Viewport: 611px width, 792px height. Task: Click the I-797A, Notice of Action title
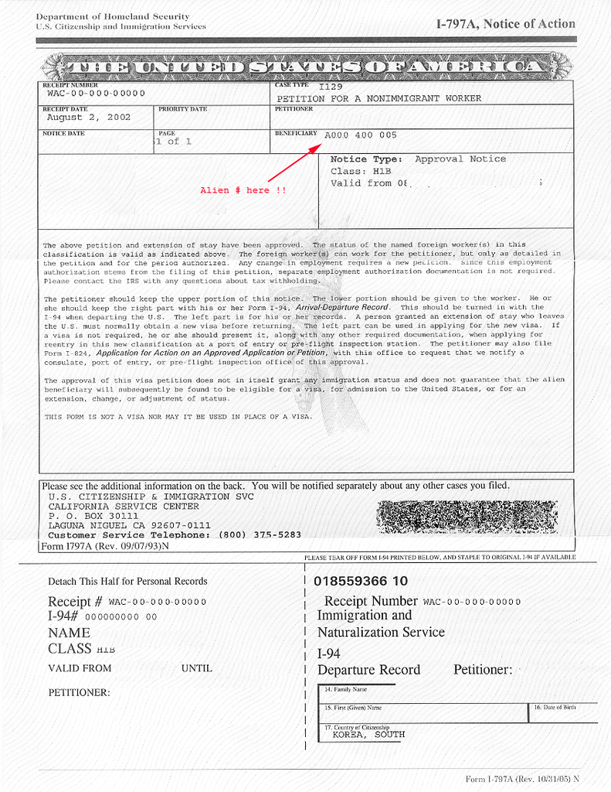point(506,24)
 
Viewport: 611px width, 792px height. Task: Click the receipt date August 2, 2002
point(89,118)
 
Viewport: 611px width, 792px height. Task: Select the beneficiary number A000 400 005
point(361,135)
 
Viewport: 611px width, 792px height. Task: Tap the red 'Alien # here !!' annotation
point(243,190)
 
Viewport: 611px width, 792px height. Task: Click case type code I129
point(331,87)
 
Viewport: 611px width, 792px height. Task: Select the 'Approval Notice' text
point(460,159)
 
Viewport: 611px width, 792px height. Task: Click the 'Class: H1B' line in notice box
point(360,171)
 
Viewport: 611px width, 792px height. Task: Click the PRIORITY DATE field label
point(183,109)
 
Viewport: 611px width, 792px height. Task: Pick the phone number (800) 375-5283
point(260,534)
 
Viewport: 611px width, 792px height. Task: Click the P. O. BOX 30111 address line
point(93,516)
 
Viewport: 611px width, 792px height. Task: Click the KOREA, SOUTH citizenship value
point(368,735)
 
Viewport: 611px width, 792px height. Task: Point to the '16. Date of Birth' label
point(555,708)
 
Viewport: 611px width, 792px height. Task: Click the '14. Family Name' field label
point(345,689)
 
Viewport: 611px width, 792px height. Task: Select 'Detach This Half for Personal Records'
point(127,582)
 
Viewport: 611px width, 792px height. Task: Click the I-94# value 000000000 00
point(121,616)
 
